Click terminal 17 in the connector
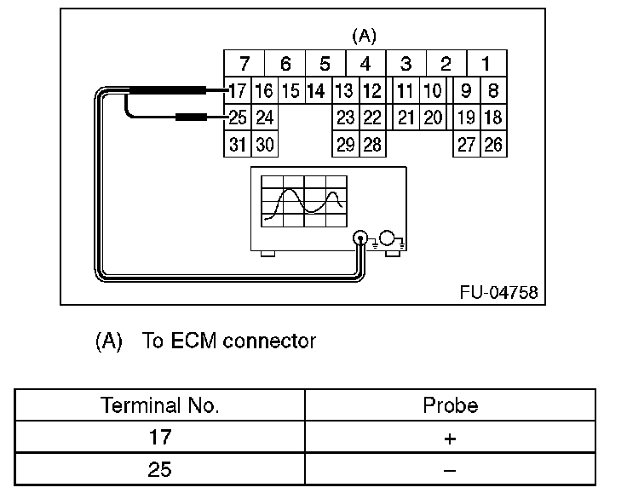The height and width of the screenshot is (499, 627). [238, 90]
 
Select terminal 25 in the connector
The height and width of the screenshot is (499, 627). [238, 118]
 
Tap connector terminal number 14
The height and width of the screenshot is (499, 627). [315, 90]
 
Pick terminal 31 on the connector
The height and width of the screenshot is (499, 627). [238, 145]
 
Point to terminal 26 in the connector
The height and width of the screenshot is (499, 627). [493, 145]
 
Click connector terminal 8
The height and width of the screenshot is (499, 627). [493, 90]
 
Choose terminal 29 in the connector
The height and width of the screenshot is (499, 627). [345, 145]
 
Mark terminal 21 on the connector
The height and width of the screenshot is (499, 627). [406, 118]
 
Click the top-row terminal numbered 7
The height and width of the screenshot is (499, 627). [244, 64]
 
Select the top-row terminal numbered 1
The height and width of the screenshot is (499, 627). [486, 64]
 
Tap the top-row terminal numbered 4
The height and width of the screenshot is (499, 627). [365, 64]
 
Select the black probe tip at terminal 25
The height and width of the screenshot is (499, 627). [195, 118]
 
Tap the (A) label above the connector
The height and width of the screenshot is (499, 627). [364, 37]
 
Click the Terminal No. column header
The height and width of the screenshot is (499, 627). [160, 406]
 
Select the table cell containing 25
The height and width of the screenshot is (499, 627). [160, 469]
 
